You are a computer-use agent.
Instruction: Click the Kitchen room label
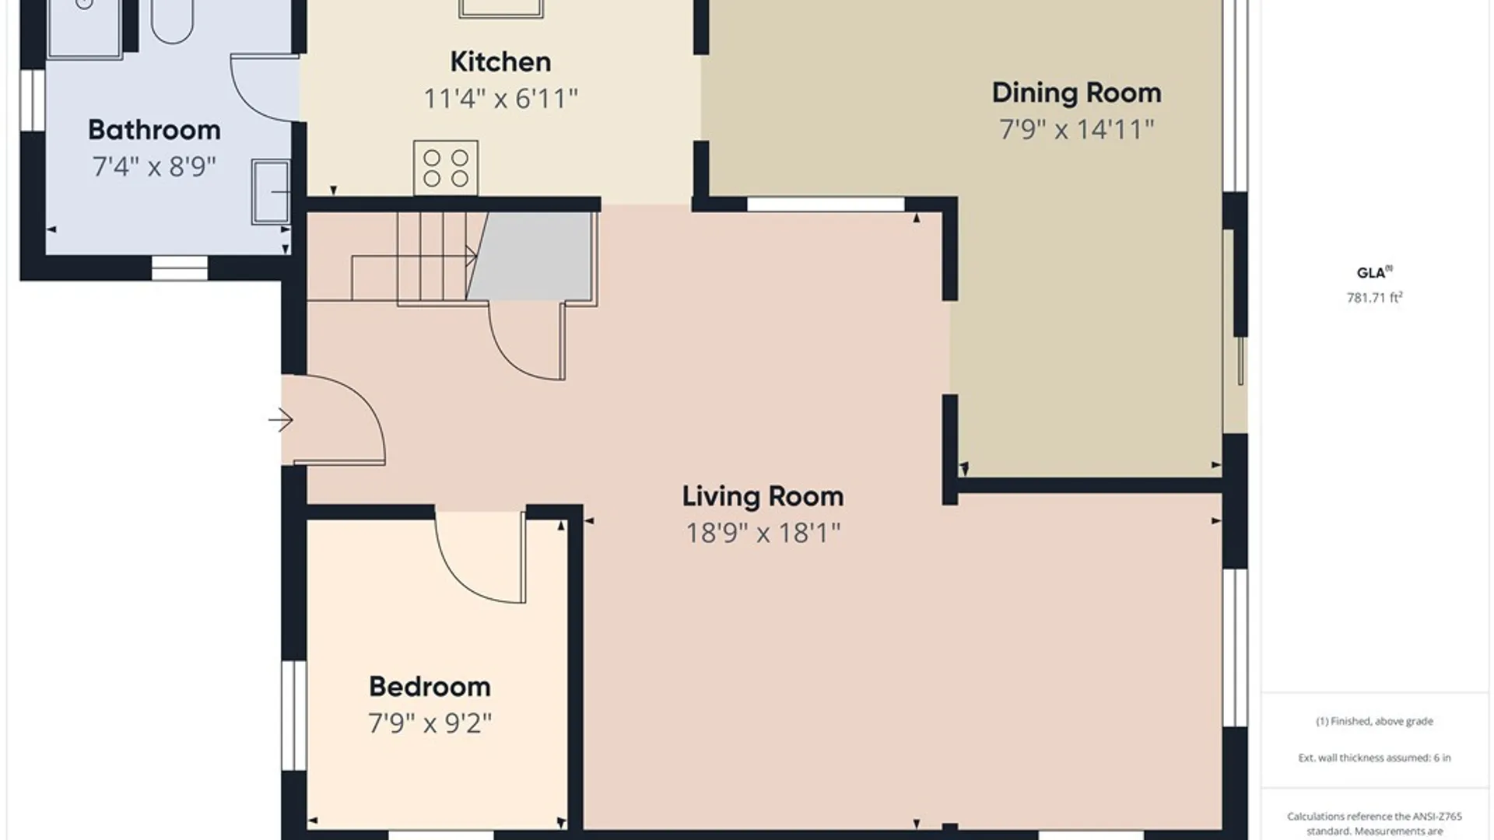tap(500, 62)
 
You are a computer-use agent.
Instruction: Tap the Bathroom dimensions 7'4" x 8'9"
tap(154, 166)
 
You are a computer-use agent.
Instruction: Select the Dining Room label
tap(1076, 93)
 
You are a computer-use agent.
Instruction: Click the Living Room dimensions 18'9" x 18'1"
tap(763, 533)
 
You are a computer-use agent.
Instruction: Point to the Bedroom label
tap(430, 687)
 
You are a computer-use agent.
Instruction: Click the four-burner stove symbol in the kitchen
tap(446, 168)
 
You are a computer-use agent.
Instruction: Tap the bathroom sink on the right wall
tap(271, 191)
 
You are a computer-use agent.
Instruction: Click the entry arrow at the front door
tap(281, 421)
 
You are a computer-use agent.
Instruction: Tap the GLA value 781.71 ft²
tap(1374, 297)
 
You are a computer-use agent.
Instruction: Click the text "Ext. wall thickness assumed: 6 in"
tap(1374, 758)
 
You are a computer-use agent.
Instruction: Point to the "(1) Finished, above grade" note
tap(1374, 721)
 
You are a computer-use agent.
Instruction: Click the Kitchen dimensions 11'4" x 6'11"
tap(500, 99)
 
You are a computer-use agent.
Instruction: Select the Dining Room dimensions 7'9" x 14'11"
tap(1076, 129)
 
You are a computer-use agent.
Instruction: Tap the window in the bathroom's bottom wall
tap(179, 268)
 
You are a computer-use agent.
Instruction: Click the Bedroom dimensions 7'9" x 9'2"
tap(430, 723)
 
